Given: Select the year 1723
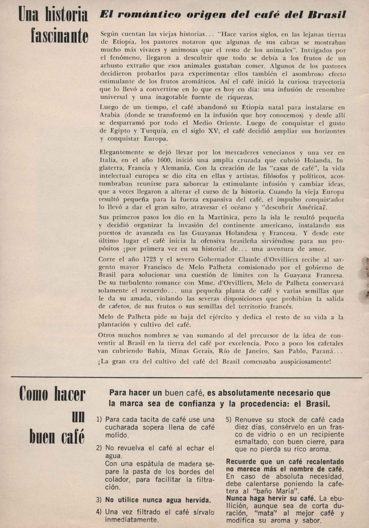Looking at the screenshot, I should pos(149,259).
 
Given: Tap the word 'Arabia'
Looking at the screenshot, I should pos(110,115).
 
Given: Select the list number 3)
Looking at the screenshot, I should pos(99,500).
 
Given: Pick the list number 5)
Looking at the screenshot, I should pos(229,420).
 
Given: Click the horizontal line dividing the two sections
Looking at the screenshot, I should pos(186,377).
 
